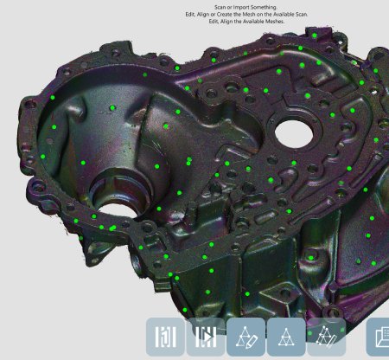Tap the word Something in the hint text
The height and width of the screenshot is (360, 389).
tap(263, 7)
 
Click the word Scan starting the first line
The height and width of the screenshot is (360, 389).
tap(220, 7)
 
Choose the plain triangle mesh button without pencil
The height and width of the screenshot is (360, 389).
tap(286, 337)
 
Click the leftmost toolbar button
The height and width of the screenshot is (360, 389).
tap(165, 337)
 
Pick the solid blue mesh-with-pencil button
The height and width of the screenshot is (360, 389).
tap(246, 337)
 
